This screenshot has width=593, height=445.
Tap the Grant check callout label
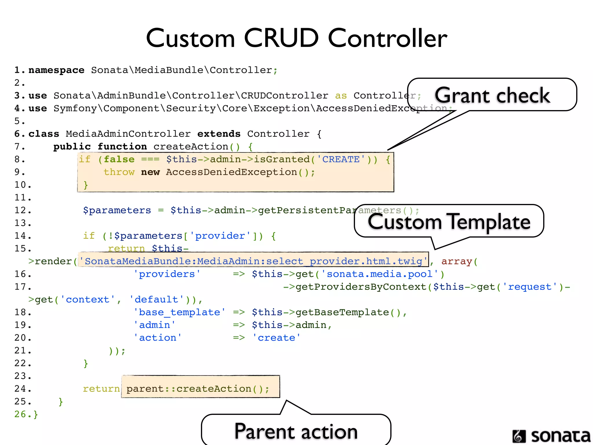492,95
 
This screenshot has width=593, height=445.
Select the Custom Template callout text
449,222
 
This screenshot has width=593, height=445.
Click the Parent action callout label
296,431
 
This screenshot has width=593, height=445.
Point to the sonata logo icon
519,436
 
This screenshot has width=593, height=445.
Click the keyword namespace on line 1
56,70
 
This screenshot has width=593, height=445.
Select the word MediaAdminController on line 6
128,134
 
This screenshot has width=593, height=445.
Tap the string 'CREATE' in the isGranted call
341,159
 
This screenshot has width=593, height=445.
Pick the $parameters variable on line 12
117,210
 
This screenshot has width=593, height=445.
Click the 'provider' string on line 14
220,236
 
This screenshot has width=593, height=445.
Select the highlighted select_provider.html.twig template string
253,261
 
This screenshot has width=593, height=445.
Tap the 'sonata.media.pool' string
380,274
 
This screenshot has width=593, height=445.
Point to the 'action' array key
158,338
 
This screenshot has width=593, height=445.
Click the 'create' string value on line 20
276,338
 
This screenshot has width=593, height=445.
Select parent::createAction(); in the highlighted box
197,389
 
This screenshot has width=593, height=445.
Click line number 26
20,414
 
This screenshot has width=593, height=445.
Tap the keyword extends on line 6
219,134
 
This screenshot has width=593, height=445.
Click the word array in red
457,261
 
